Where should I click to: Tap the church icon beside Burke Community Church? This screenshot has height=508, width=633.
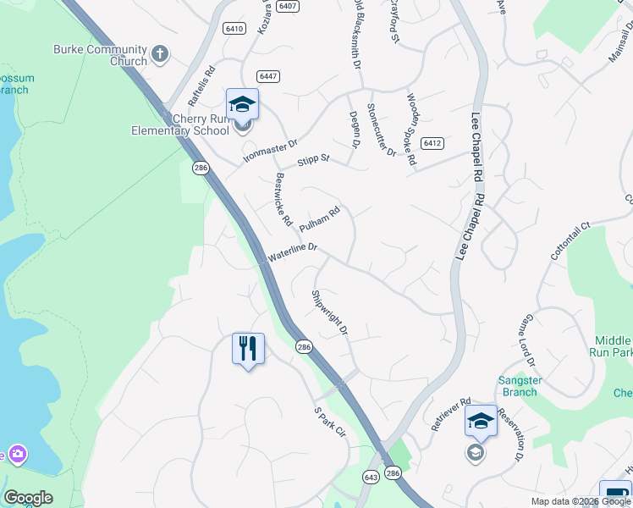[160, 56]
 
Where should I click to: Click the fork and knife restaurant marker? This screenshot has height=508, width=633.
[248, 347]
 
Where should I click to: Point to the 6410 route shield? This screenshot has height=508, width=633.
[234, 28]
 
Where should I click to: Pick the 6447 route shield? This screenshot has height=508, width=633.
[270, 76]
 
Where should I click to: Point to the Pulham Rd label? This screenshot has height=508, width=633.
[319, 218]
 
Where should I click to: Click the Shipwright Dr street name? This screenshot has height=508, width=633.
[330, 312]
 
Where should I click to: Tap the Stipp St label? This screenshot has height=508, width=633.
[312, 159]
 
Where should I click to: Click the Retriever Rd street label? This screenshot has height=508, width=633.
[450, 415]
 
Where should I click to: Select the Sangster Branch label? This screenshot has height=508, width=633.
[519, 386]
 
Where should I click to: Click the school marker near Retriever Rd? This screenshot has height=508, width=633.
[481, 421]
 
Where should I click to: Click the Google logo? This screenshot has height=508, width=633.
[28, 498]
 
